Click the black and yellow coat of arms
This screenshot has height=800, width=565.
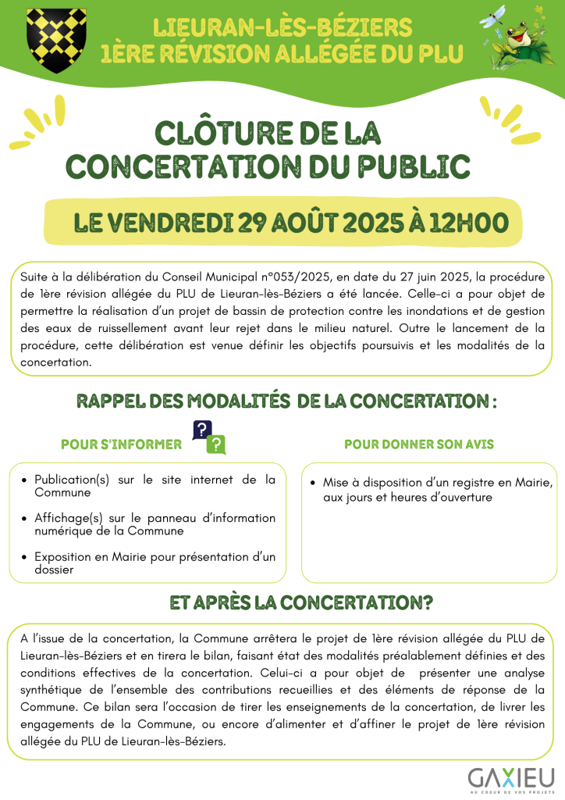point(56,37)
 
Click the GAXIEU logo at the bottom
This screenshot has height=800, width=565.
point(511,780)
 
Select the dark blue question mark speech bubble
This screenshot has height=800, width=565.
point(202,429)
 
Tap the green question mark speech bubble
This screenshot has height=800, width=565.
point(216,445)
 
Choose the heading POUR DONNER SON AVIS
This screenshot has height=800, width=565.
point(419,444)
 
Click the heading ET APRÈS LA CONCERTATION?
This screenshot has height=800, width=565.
point(301,602)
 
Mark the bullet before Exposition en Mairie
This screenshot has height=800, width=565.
point(27,557)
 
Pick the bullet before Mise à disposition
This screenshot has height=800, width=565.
point(313,483)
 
